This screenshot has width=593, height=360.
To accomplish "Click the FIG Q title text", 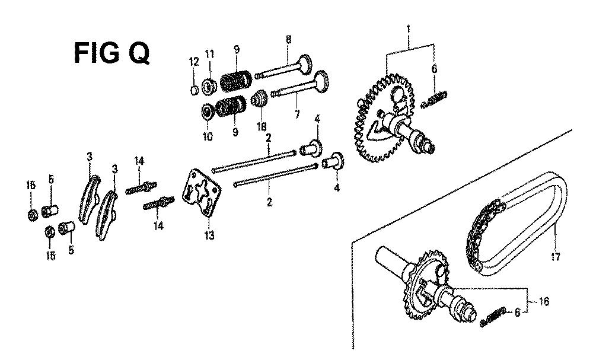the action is tap(111, 53).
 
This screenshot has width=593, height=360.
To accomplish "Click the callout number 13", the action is tap(209, 235).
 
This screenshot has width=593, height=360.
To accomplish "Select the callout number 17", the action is tap(555, 257).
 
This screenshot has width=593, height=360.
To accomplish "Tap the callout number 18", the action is tap(262, 126).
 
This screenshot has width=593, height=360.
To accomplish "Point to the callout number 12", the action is tap(194, 62).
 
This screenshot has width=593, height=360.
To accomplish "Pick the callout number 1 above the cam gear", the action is tap(409, 28).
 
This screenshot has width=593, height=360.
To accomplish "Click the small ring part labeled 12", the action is tap(194, 90).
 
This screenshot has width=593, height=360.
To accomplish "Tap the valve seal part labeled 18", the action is tap(260, 99).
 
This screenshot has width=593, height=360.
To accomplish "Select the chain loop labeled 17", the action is tap(517, 223).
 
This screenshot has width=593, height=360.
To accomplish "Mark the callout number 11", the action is tap(209, 54).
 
